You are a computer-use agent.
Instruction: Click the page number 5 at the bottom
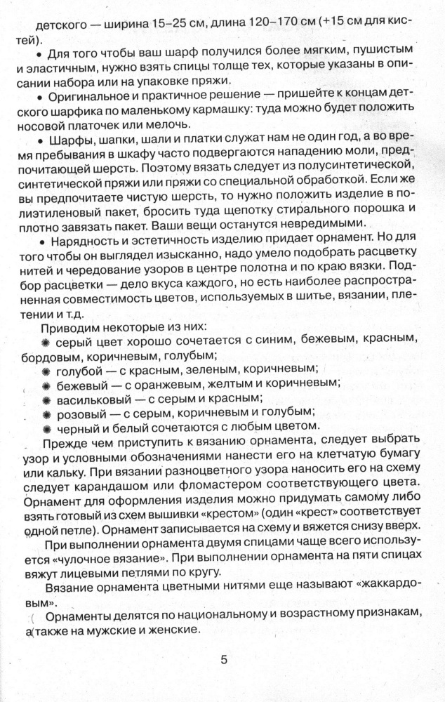point(224,660)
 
